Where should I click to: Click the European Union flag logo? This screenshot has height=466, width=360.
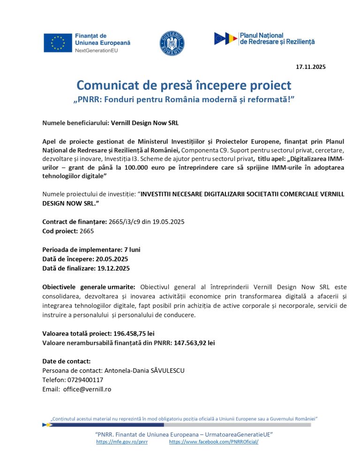(x=58, y=43)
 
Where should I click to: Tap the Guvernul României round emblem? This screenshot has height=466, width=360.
(x=172, y=42)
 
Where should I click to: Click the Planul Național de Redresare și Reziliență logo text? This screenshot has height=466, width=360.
(x=277, y=38)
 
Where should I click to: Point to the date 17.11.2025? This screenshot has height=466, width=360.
(x=310, y=67)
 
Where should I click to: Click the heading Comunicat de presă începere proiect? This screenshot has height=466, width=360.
(x=184, y=85)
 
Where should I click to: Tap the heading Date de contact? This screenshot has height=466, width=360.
(x=66, y=361)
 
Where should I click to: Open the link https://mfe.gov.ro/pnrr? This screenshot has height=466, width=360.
(x=122, y=442)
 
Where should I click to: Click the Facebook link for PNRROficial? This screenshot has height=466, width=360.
(x=213, y=442)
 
